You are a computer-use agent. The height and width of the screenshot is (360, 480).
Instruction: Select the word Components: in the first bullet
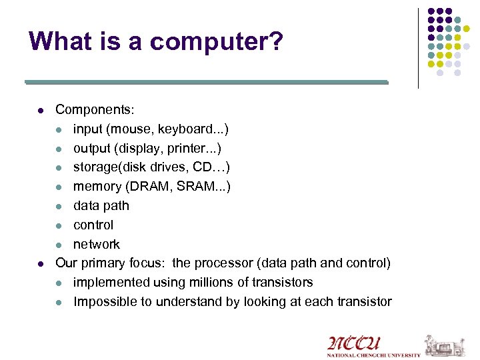pos(94,109)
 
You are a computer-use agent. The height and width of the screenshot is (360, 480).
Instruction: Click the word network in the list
pos(97,244)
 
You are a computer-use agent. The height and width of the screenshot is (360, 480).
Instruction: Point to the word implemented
pos(111,283)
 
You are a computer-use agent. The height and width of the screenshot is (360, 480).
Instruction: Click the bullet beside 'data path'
pos(59,206)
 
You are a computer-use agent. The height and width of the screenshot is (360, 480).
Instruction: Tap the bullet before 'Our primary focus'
pos(41,264)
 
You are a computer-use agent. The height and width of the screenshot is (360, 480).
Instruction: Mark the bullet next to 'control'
pos(59,225)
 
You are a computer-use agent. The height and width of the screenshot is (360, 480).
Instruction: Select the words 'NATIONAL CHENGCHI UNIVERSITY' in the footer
pos(373,355)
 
